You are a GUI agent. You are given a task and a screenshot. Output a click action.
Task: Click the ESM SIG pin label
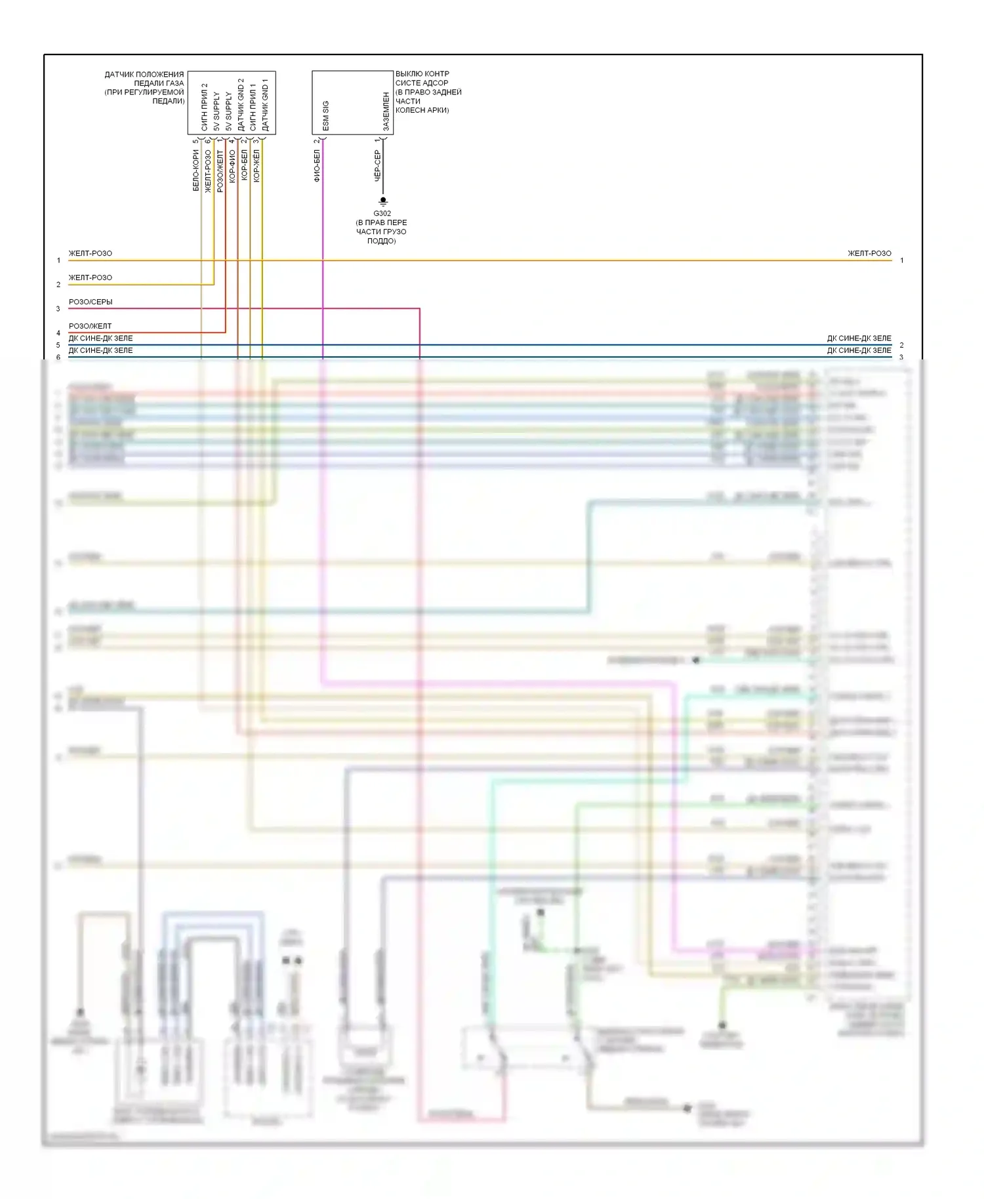click(x=326, y=115)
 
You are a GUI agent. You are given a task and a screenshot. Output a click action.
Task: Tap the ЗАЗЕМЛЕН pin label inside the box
click(x=386, y=112)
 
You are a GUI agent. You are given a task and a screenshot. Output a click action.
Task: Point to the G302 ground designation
click(x=382, y=213)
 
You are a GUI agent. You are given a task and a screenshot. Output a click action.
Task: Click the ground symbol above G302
click(x=383, y=201)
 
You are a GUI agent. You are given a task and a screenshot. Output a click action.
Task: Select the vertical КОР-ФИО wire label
click(x=232, y=167)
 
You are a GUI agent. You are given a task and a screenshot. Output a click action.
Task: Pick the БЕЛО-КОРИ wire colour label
click(x=195, y=171)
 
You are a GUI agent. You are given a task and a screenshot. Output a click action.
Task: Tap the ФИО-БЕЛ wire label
click(x=317, y=165)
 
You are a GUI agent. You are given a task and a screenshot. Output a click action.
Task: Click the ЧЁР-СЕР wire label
click(x=377, y=165)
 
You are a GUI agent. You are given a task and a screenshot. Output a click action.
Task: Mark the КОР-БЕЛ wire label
click(x=244, y=165)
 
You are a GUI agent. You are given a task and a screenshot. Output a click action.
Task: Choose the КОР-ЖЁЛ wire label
click(x=256, y=165)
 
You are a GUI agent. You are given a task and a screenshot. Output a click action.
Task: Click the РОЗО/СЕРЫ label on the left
click(x=91, y=302)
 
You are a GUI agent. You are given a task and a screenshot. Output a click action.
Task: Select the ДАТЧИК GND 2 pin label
click(x=241, y=105)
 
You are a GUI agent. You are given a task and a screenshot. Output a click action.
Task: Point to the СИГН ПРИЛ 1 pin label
click(x=253, y=107)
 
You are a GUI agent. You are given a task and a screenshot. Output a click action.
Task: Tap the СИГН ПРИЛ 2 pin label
click(x=204, y=107)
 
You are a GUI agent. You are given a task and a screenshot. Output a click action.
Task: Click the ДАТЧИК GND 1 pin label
click(x=265, y=105)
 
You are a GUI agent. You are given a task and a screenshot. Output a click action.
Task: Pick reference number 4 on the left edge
click(x=58, y=333)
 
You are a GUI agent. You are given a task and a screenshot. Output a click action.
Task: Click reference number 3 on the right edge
click(x=901, y=357)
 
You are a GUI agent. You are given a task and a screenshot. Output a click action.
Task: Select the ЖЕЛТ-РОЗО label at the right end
click(x=869, y=253)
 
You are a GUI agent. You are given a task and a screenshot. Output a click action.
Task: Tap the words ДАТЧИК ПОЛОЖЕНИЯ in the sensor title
click(x=144, y=75)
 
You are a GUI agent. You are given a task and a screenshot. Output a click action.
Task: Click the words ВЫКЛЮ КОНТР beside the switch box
click(x=422, y=74)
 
